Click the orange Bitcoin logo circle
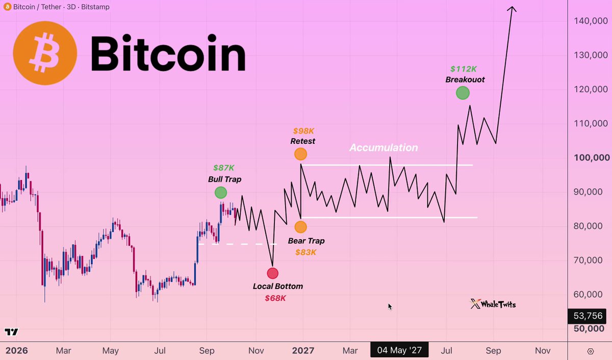tap(45, 53)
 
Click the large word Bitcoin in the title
tap(168, 53)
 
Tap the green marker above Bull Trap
tap(221, 193)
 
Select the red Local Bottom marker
tap(273, 273)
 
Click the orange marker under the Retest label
tap(300, 154)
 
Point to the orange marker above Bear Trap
tap(300, 227)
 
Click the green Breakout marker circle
tap(463, 93)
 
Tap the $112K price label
tap(464, 69)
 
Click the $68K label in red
tap(275, 298)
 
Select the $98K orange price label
tap(303, 131)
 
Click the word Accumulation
tap(384, 147)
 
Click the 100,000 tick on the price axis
tap(592, 158)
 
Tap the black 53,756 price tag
tap(588, 316)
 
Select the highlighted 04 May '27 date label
tap(399, 350)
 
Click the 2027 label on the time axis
tap(303, 350)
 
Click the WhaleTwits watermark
tap(493, 304)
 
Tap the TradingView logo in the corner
tap(11, 332)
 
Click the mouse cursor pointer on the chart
tap(390, 307)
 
